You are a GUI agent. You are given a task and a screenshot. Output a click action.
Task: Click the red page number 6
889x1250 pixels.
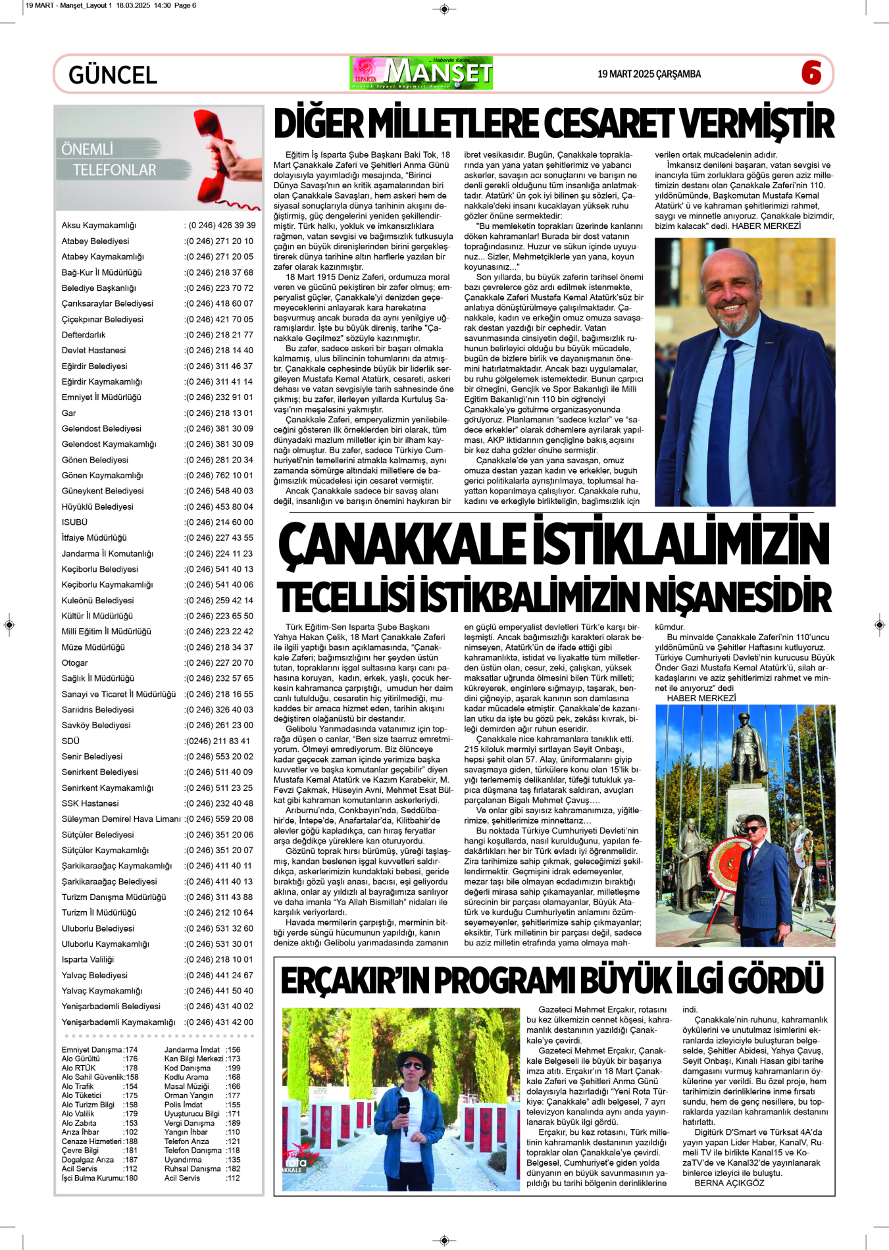[x=811, y=72]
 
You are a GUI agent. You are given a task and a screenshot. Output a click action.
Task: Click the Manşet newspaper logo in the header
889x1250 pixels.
[x=422, y=73]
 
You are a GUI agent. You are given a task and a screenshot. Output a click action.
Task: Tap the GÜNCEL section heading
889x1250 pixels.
[x=113, y=75]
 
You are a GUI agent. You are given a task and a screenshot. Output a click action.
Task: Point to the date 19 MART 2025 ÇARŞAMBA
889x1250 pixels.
[x=649, y=74]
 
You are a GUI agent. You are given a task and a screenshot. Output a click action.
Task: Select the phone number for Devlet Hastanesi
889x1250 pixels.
[x=218, y=351]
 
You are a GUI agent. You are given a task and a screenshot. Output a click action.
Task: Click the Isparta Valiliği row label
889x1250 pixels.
[x=88, y=960]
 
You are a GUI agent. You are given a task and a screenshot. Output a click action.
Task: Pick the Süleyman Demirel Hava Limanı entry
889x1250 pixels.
[x=120, y=819]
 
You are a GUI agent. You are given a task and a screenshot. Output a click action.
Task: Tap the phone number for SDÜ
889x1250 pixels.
[x=218, y=741]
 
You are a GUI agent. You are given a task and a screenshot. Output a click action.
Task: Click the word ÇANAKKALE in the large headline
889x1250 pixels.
[x=401, y=545]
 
